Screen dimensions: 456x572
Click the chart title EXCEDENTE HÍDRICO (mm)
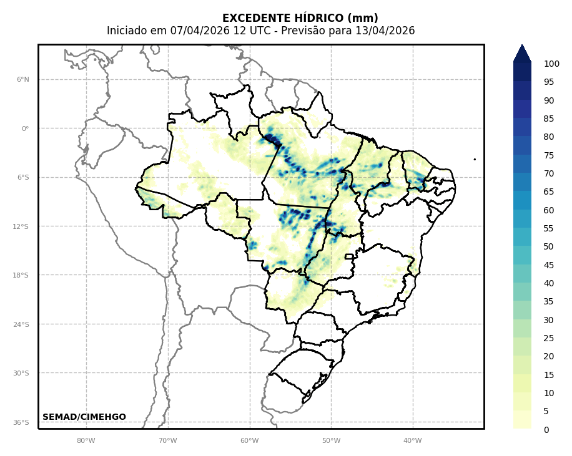coord(300,18)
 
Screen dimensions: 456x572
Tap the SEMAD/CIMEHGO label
coord(84,417)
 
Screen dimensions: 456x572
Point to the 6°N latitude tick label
coord(22,80)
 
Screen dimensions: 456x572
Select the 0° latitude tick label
coord(25,129)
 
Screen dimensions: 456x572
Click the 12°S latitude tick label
coord(21,226)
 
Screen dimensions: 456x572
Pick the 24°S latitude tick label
coord(21,324)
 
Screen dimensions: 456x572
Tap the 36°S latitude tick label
coord(21,422)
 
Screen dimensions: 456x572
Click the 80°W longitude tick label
coord(86,441)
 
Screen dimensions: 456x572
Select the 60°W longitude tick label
coord(250,441)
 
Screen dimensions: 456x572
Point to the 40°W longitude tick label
coord(413,441)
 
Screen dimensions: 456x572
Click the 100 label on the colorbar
coord(551,64)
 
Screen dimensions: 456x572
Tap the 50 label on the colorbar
coord(549,246)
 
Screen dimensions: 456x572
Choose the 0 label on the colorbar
coord(546,430)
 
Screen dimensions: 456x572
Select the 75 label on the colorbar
coord(549,155)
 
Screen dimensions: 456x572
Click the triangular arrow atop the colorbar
coord(522,53)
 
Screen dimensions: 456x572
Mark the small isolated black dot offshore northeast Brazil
coord(475,159)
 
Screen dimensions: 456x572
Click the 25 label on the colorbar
coord(549,338)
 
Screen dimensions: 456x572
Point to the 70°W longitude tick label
coord(168,441)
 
